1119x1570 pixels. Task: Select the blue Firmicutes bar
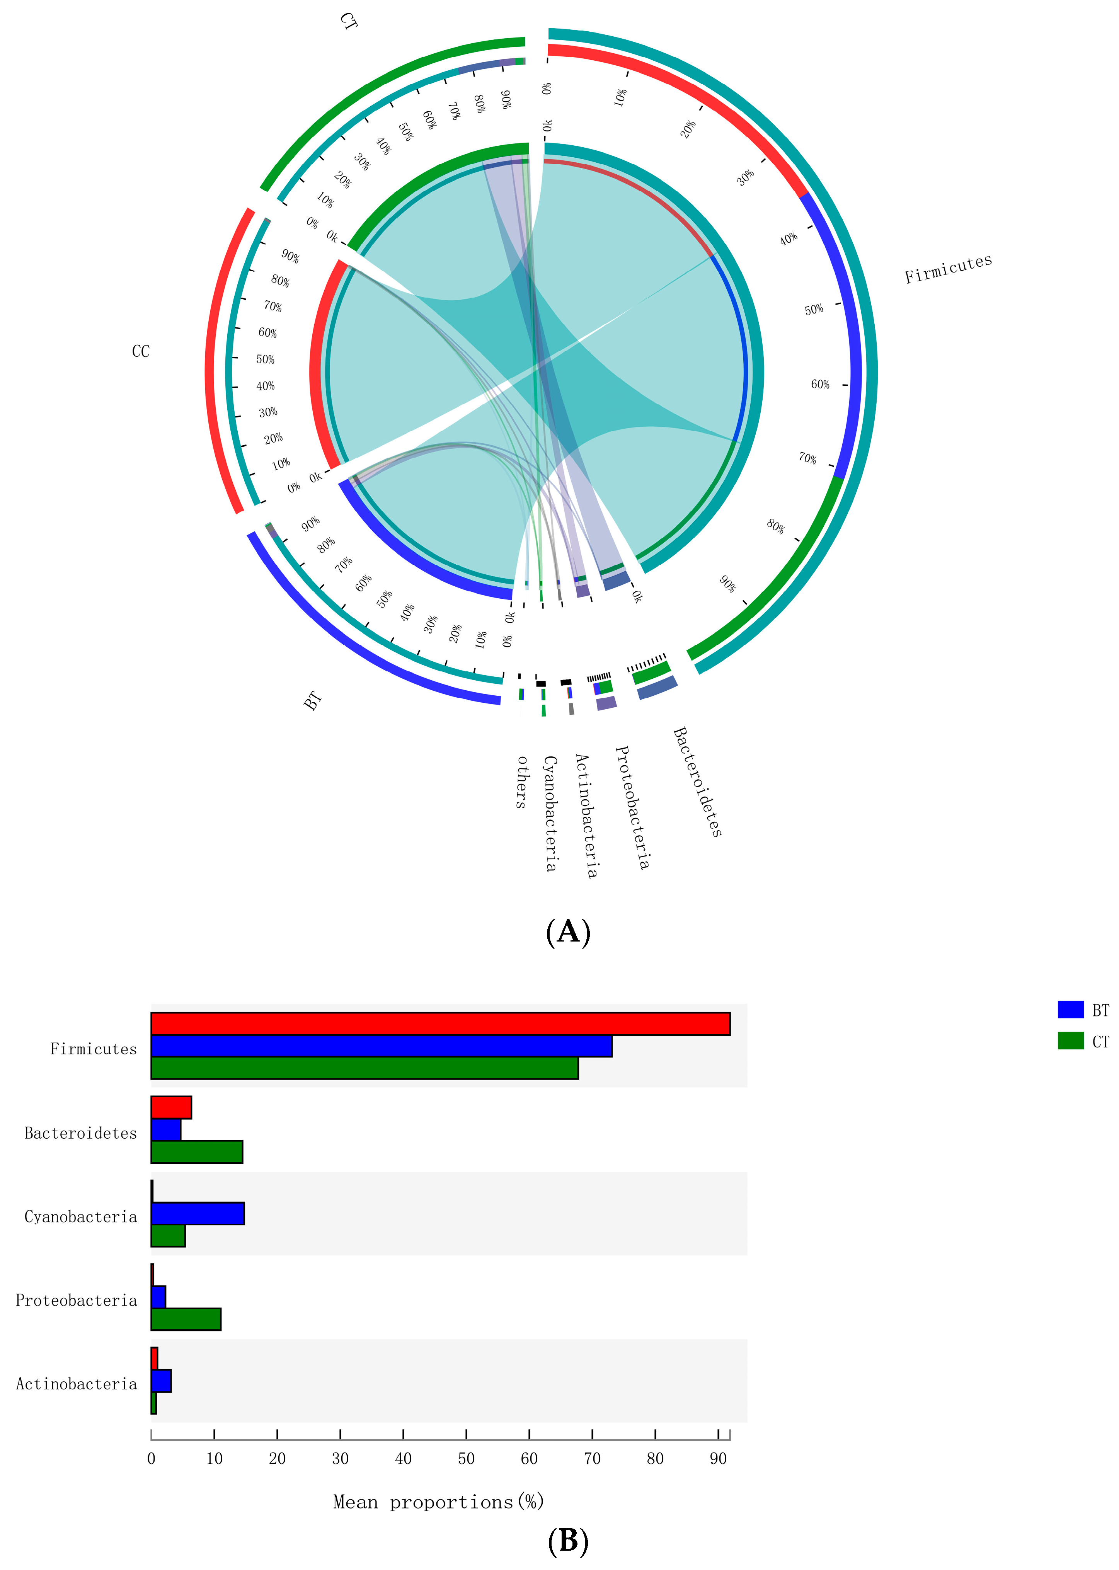point(381,1046)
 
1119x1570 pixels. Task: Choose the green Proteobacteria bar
point(186,1318)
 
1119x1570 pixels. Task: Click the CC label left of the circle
point(141,351)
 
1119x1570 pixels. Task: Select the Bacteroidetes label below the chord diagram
point(697,782)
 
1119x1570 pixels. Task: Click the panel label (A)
point(568,932)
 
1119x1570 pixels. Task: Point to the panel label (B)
point(568,1541)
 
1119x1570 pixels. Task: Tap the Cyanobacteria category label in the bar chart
point(81,1217)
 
